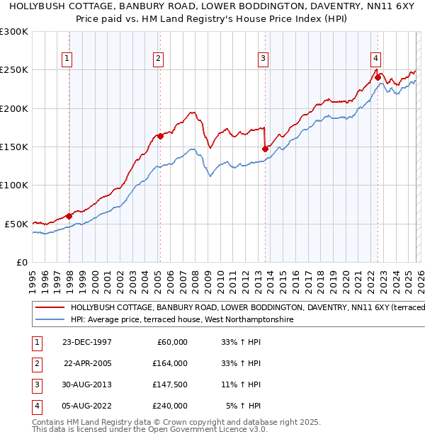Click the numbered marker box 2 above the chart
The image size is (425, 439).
159,59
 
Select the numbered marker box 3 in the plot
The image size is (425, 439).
263,59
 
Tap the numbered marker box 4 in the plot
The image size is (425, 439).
375,59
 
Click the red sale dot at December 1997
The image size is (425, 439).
69,216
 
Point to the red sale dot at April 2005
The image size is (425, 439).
160,136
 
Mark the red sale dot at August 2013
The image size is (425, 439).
265,149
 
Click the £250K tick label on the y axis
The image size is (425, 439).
14,70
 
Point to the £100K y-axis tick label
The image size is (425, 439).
14,186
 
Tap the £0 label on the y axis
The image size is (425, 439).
21,262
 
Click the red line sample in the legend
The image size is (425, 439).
50,308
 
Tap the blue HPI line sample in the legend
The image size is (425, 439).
50,320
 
